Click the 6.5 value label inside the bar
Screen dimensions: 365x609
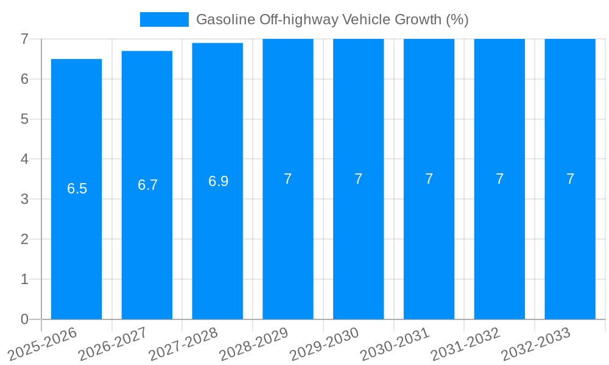77,189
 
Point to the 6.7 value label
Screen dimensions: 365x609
148,185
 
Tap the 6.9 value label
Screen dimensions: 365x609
218,181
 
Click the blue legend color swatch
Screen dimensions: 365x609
164,19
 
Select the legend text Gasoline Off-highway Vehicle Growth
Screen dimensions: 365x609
332,19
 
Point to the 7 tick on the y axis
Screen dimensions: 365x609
24,39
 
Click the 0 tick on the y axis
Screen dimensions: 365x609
24,319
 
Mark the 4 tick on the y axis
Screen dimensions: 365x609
24,159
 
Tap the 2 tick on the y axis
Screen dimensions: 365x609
24,239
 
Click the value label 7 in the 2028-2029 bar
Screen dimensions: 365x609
288,179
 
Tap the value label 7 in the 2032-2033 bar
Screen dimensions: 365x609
570,179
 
